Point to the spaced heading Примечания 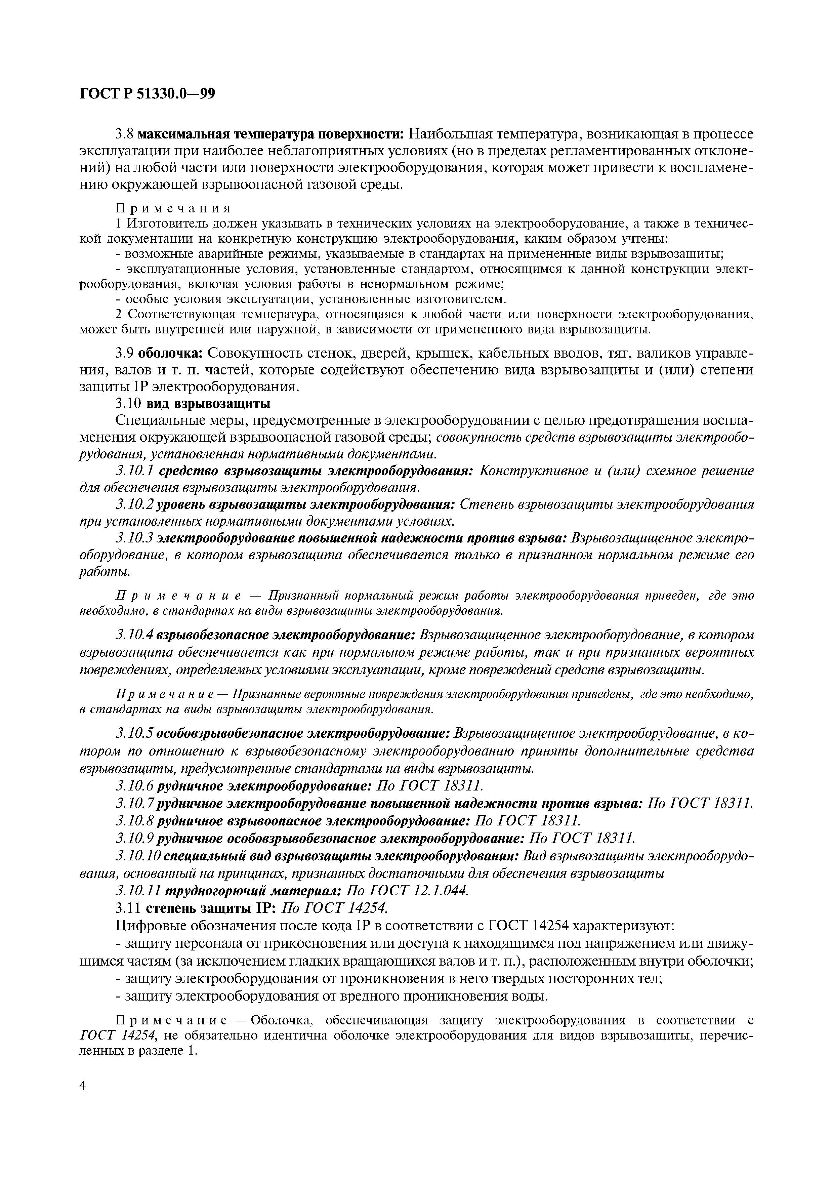[x=173, y=208]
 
